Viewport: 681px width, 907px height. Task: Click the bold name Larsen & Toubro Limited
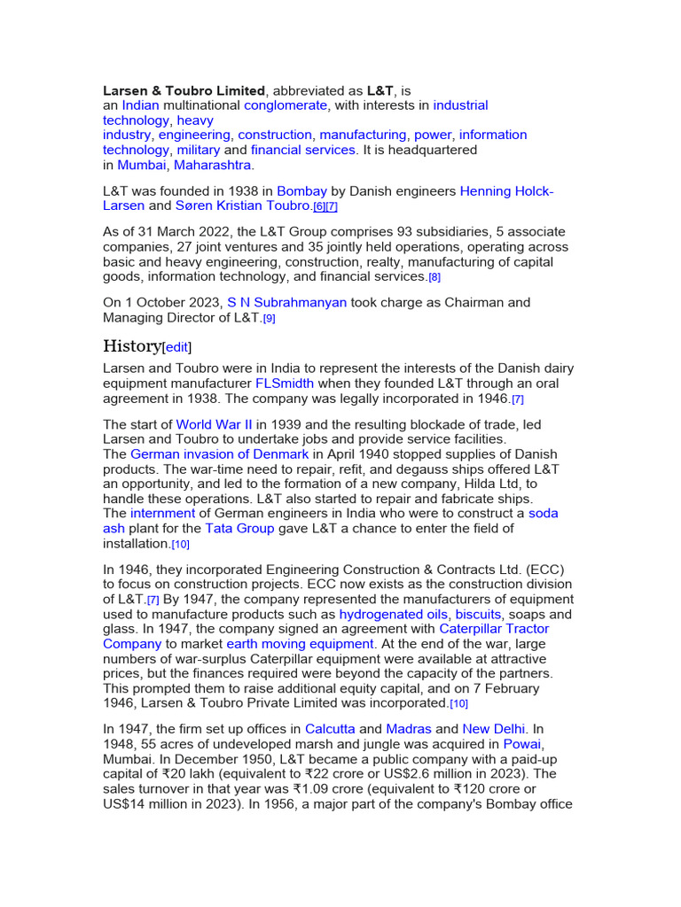point(184,90)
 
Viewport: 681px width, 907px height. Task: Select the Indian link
point(140,105)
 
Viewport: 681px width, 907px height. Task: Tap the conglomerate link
point(286,105)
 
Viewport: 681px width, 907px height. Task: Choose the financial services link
point(302,150)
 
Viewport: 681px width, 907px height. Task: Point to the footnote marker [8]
point(434,277)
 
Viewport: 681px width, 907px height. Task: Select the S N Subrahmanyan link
point(286,302)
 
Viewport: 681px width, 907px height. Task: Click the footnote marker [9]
point(269,318)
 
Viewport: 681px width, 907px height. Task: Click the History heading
point(132,345)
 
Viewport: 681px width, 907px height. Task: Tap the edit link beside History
point(176,347)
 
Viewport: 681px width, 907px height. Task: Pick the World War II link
point(214,424)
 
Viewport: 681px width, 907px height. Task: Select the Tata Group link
point(239,528)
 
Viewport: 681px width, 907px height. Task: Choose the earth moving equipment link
point(301,644)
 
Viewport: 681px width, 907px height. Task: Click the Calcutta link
point(330,729)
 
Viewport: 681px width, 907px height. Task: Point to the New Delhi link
point(494,729)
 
